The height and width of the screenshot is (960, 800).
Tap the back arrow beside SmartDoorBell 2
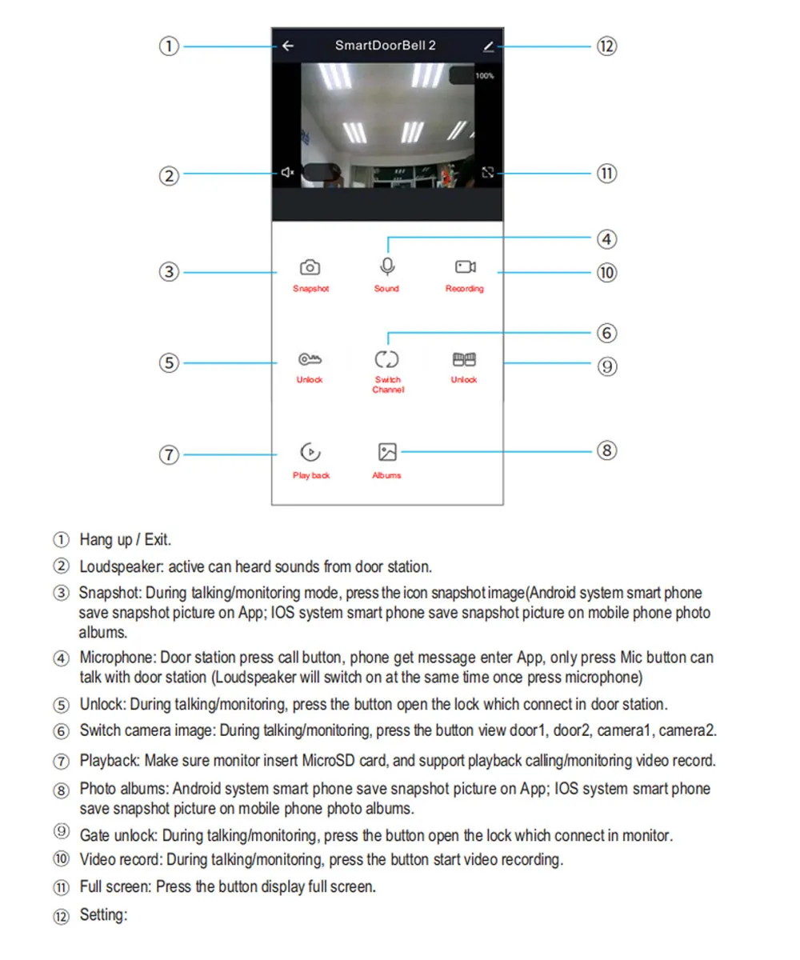[288, 46]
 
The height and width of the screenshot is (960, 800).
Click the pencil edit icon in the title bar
[488, 46]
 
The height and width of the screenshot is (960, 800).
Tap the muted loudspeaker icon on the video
[288, 172]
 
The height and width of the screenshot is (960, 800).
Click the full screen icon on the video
[488, 172]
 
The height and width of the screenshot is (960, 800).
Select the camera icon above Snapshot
[310, 267]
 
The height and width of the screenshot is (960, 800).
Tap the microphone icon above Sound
[387, 266]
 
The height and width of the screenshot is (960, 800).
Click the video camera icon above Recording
[465, 266]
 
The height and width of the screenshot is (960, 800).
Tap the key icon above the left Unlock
[310, 359]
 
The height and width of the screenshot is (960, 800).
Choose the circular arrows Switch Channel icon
[387, 359]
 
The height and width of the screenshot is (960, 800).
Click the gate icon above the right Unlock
[465, 359]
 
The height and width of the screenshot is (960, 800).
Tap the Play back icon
[310, 453]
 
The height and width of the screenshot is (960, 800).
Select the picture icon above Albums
[387, 453]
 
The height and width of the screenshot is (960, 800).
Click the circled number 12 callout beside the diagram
[606, 46]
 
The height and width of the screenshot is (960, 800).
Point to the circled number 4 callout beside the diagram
[606, 238]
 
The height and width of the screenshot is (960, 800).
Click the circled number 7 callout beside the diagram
[168, 454]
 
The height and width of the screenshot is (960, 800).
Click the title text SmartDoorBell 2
[386, 46]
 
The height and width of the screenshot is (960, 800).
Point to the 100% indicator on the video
[485, 76]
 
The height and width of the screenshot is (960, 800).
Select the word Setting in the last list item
[103, 914]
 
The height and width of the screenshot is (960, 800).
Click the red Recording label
[465, 289]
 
